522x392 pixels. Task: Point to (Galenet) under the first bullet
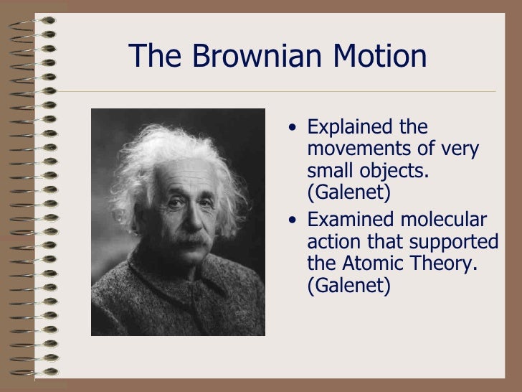(348, 193)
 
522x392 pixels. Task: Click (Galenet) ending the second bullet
(348, 285)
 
